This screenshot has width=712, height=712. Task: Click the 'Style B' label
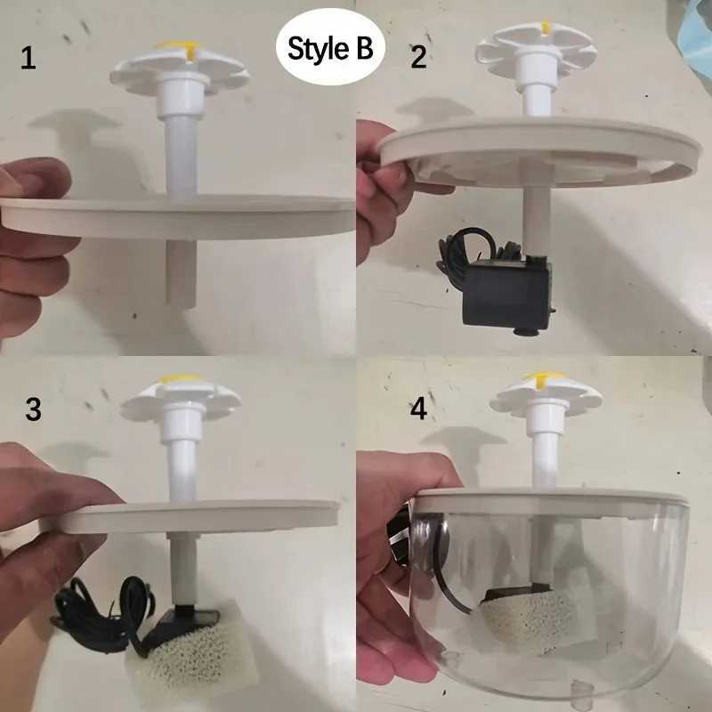(x=330, y=49)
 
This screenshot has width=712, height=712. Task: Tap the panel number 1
(x=29, y=60)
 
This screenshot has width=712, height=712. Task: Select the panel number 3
(x=33, y=409)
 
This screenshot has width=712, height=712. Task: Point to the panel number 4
(x=418, y=411)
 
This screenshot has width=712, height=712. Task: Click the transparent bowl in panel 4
(x=614, y=605)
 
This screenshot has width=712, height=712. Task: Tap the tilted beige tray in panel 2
(x=534, y=151)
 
